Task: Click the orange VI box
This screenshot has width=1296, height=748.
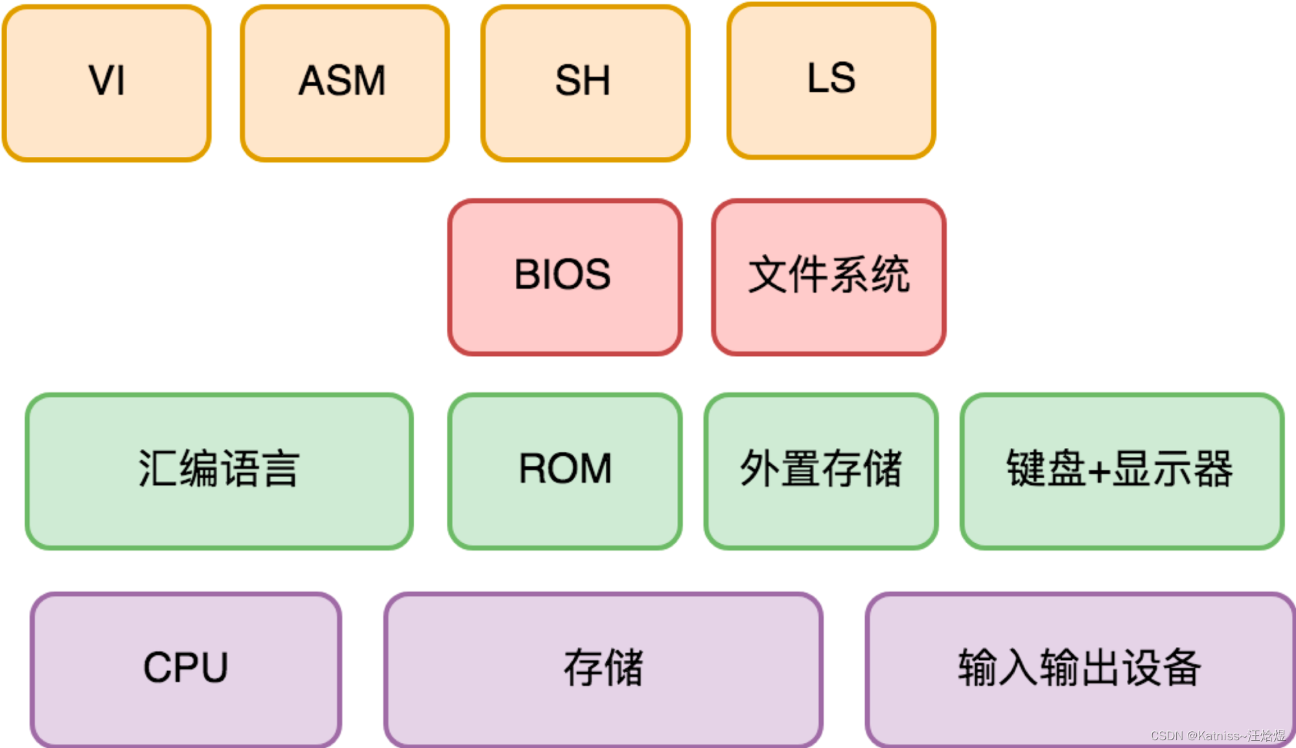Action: click(107, 83)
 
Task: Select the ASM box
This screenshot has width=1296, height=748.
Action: click(345, 83)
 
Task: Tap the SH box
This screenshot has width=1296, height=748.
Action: click(585, 83)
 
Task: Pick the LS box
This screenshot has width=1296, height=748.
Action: click(831, 80)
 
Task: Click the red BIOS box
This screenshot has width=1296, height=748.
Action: click(564, 277)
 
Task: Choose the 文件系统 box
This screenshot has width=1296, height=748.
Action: click(829, 277)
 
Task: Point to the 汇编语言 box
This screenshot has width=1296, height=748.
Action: click(219, 471)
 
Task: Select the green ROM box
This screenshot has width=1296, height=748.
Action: click(564, 471)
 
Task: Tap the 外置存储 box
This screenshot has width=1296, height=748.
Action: click(821, 471)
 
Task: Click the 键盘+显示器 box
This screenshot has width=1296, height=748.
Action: click(1122, 471)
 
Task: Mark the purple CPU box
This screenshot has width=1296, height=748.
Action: click(186, 669)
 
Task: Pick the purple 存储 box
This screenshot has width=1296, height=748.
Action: click(603, 669)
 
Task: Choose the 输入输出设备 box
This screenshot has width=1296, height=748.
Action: click(1080, 669)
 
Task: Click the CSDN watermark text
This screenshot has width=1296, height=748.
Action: click(1218, 736)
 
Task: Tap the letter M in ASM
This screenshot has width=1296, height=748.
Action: click(367, 81)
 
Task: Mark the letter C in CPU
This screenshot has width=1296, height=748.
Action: click(157, 668)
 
